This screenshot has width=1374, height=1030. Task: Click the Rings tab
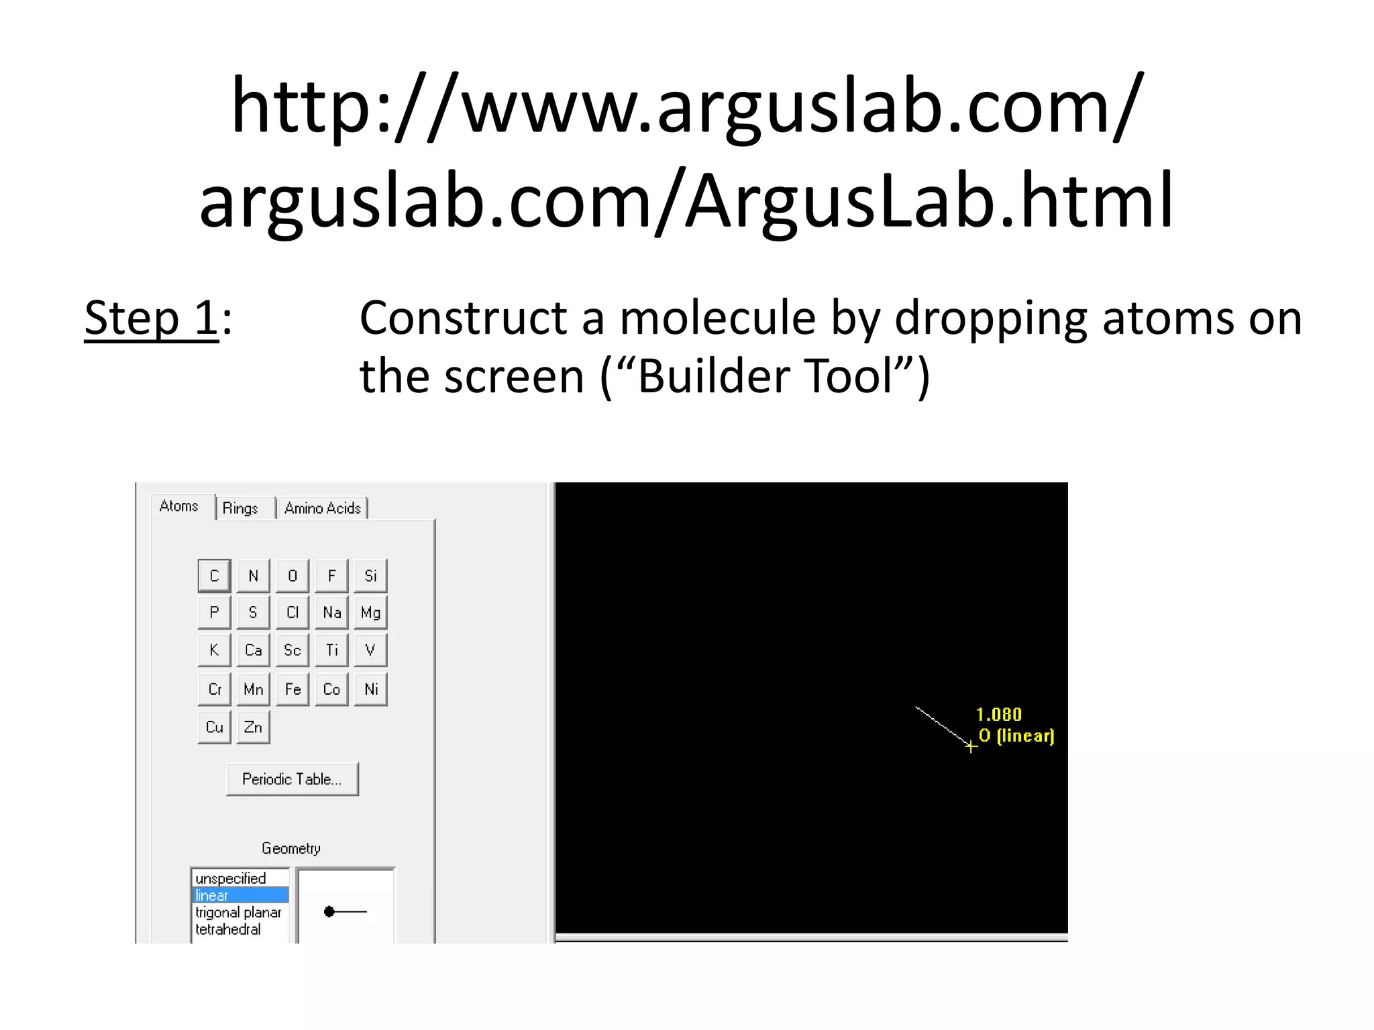pos(240,508)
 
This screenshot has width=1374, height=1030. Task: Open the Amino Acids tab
pos(323,508)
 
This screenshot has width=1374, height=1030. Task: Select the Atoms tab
pos(179,506)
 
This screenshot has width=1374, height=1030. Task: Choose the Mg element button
pos(370,613)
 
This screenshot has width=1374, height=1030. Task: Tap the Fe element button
pos(293,689)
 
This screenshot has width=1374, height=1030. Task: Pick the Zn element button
pos(253,728)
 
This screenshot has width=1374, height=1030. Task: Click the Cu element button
pos(215,728)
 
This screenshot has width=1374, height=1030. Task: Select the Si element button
pos(370,576)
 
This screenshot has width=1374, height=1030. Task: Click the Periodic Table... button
pos(292,779)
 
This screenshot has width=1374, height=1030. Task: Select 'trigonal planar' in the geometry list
pos(238,913)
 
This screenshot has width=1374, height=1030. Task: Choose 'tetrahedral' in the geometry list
pos(228,929)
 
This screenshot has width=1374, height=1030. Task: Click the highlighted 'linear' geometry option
pos(240,895)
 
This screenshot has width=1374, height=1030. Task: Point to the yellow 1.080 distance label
pos(998,715)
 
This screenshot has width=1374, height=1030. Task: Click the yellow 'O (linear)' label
pos(1016,736)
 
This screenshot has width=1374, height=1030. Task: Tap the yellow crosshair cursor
pos(971,746)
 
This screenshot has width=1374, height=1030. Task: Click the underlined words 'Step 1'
pos(152,318)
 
